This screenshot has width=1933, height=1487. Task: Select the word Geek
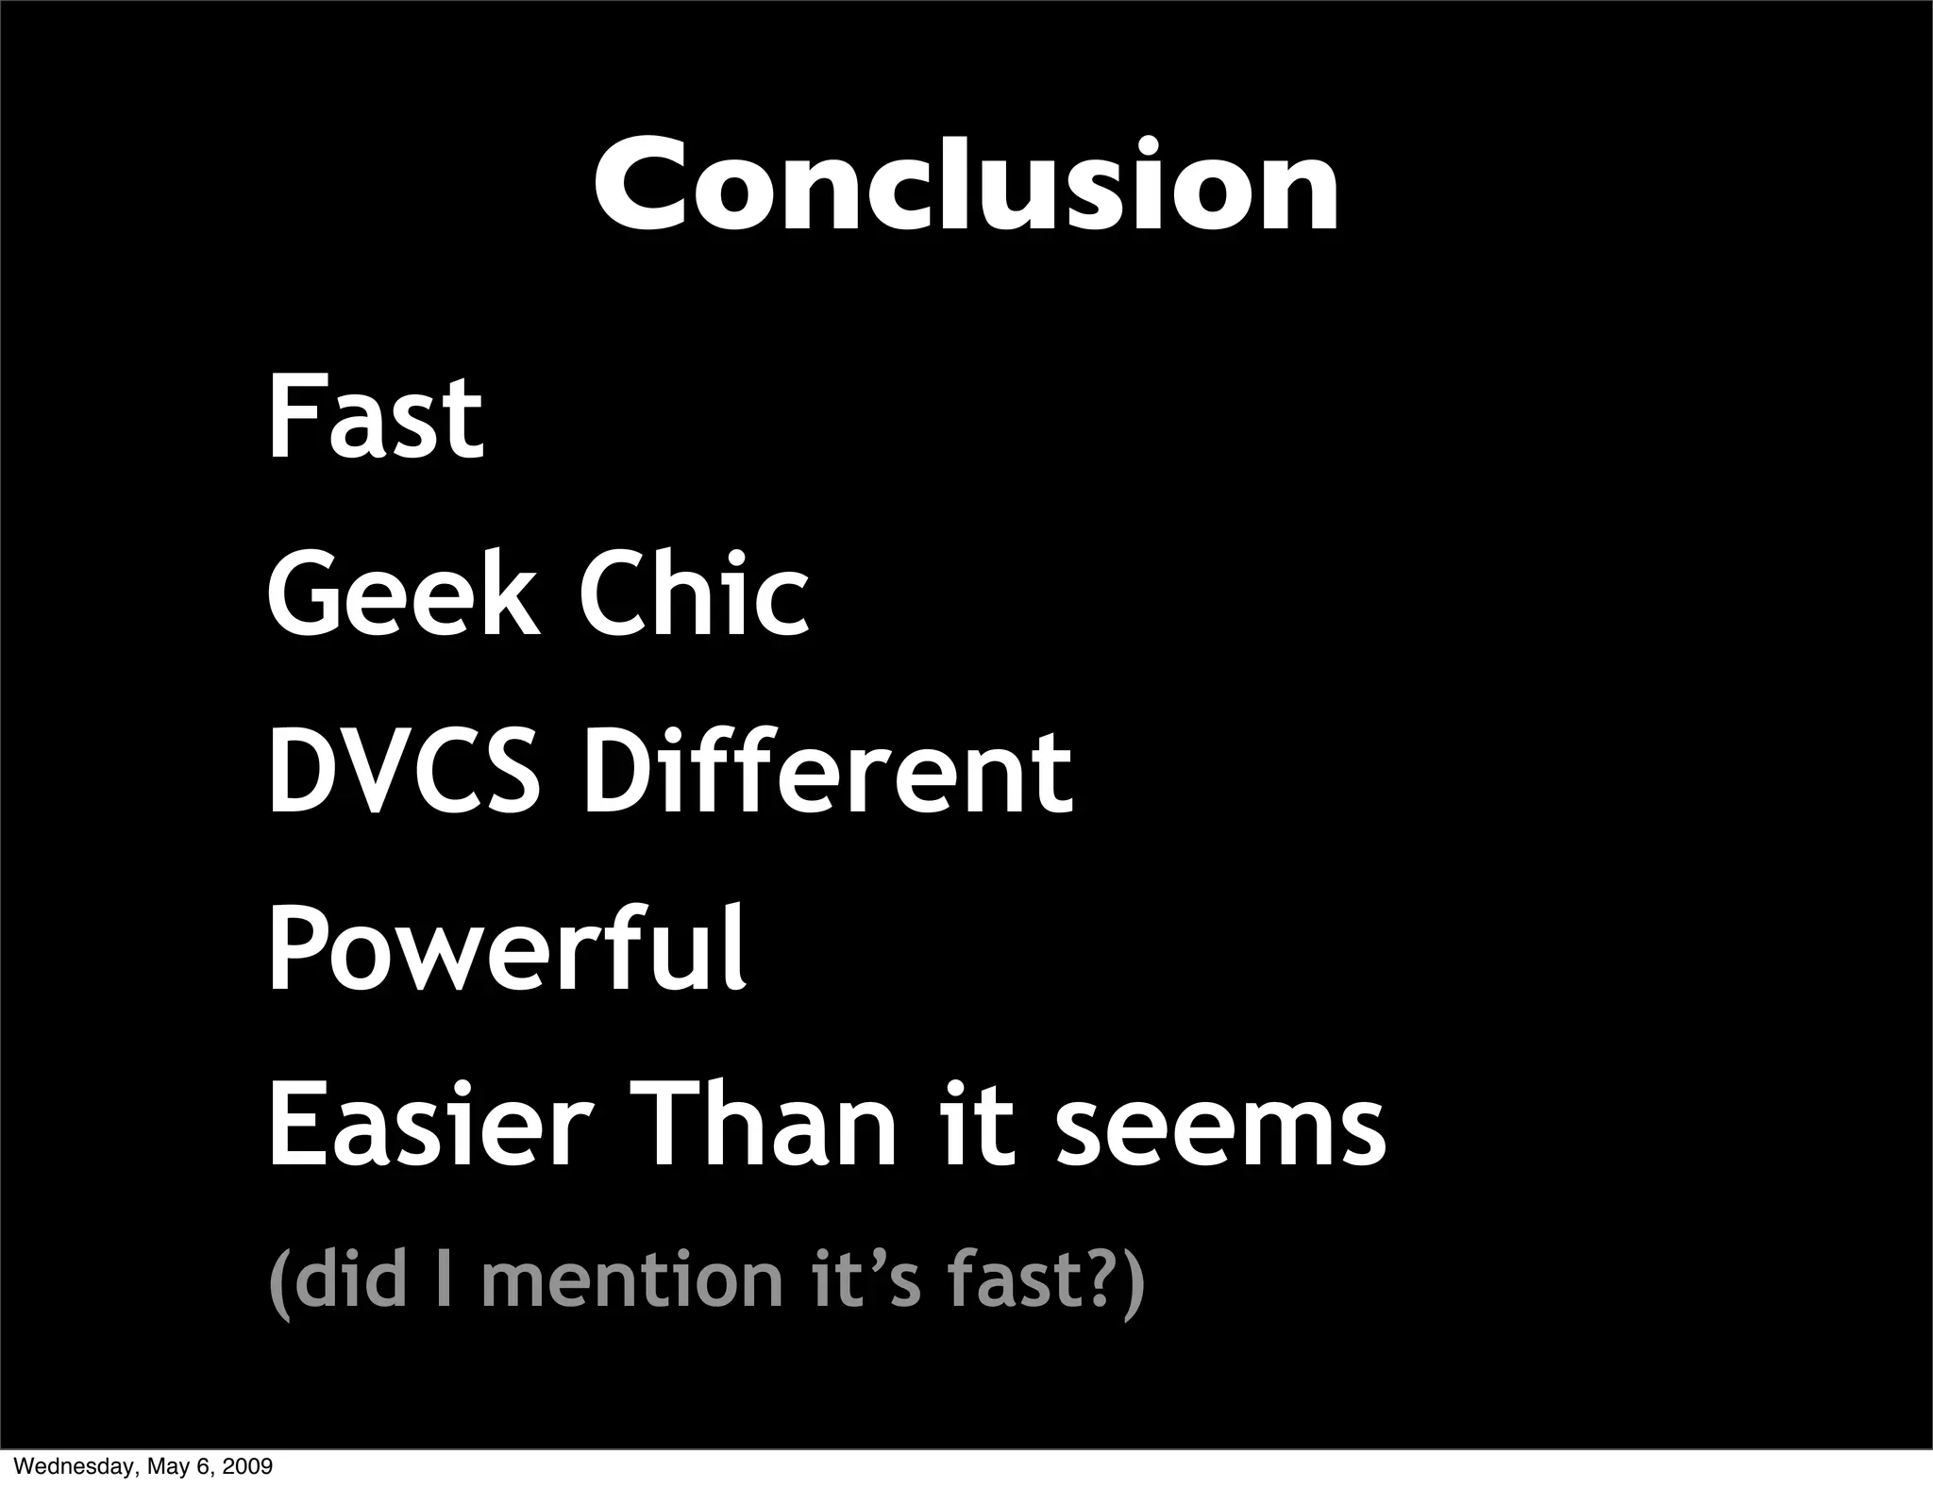click(x=403, y=594)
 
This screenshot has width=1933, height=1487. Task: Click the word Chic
click(x=694, y=594)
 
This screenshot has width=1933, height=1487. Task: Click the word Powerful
click(x=508, y=948)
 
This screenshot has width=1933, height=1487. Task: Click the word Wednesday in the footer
click(x=66, y=1467)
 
